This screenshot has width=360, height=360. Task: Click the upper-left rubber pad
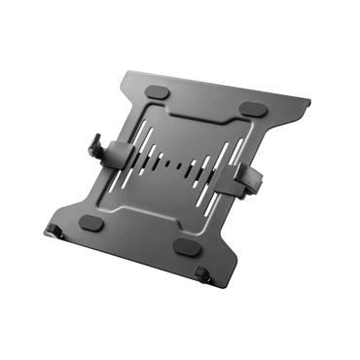[x=155, y=92]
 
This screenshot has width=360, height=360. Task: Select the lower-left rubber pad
[x=90, y=222]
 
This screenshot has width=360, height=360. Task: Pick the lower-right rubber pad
[x=188, y=247]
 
